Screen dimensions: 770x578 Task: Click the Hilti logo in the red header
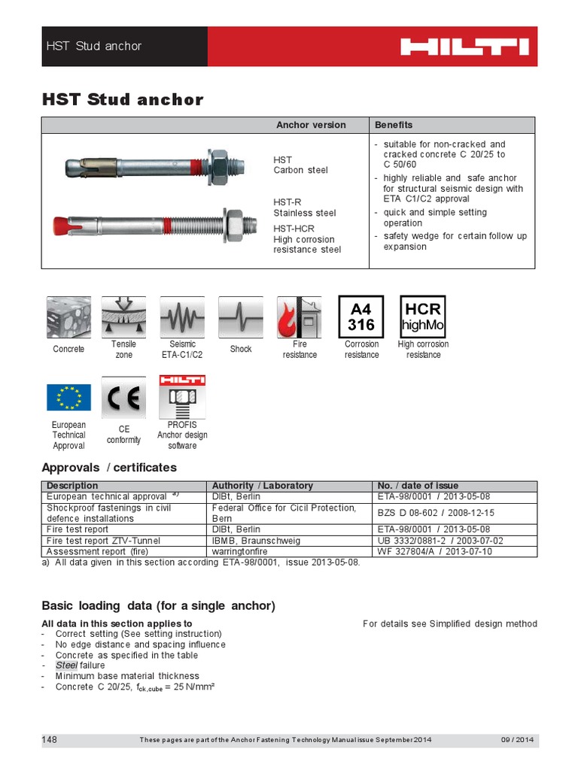(464, 47)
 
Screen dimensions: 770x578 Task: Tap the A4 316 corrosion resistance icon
(361, 317)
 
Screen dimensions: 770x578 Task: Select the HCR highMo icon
(422, 317)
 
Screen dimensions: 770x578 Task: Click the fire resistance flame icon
(299, 317)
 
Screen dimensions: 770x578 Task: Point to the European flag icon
(68, 397)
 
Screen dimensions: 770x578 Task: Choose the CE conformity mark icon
(123, 397)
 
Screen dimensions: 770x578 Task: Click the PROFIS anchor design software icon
(181, 397)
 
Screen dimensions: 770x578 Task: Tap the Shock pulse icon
(240, 317)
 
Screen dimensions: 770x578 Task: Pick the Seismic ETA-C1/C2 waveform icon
(181, 317)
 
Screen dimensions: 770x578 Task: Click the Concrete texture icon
(68, 317)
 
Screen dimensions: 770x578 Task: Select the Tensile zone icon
(123, 317)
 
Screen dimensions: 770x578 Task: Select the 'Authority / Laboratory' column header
(263, 486)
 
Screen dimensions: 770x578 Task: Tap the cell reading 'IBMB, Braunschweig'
(257, 541)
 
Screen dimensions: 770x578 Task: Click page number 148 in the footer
(50, 740)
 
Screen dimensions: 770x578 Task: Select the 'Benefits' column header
(394, 125)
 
